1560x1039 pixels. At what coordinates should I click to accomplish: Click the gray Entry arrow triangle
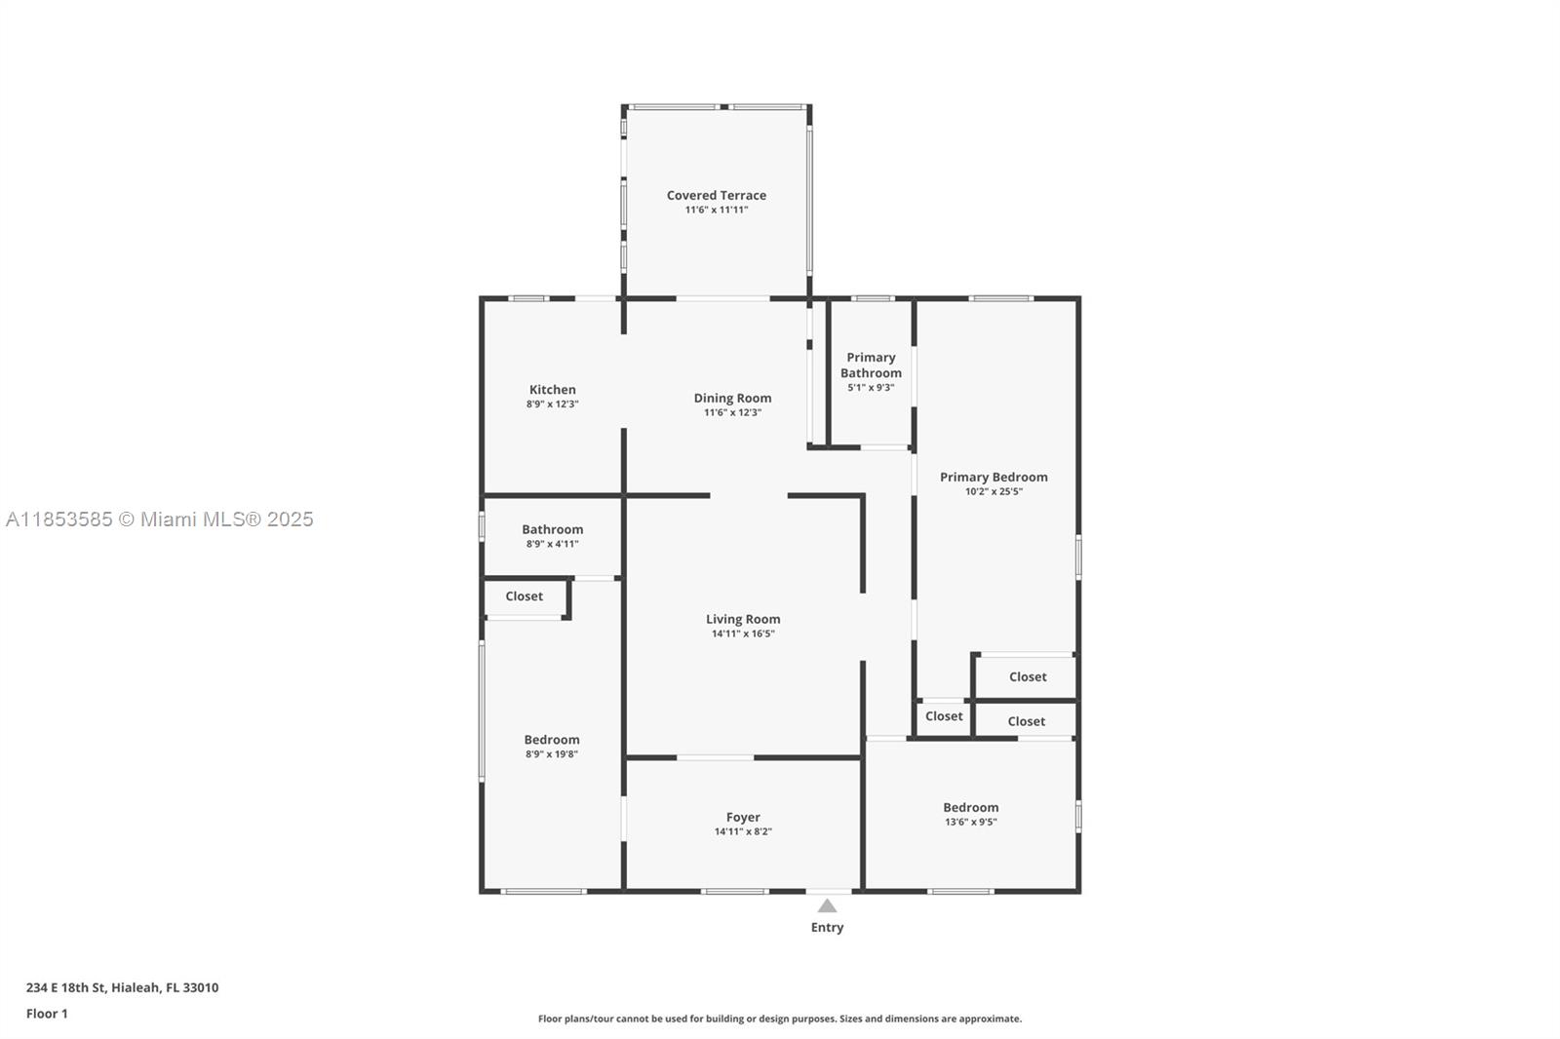tap(827, 905)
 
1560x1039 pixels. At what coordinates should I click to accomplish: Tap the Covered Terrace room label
tap(716, 195)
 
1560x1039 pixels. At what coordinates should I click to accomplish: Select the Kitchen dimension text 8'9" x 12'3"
tap(552, 404)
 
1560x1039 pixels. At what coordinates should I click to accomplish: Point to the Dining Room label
tap(732, 398)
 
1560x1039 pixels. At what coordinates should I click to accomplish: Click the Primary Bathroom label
tap(871, 365)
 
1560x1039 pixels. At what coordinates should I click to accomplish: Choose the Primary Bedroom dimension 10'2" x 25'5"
tap(994, 491)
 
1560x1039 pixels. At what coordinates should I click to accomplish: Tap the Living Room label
tap(743, 619)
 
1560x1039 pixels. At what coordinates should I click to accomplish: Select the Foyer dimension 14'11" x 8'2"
tap(743, 831)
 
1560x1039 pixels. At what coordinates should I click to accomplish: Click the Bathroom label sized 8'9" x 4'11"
tap(552, 529)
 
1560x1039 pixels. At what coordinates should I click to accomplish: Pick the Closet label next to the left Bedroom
tap(524, 596)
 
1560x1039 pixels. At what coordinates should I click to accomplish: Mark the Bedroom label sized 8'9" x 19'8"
tap(552, 740)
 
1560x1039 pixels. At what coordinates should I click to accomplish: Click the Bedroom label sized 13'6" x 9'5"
tap(971, 807)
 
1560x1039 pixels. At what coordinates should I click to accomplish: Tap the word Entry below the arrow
tap(827, 928)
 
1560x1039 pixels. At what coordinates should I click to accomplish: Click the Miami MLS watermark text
tap(160, 519)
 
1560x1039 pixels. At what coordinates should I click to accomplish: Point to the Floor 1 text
tap(48, 1014)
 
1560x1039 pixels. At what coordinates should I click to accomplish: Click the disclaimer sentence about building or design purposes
tap(779, 1019)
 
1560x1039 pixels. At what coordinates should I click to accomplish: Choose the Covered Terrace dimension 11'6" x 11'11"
tap(716, 210)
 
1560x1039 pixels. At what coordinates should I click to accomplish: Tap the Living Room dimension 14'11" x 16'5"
tap(743, 634)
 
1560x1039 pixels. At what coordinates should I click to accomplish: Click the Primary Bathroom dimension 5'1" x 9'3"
tap(871, 388)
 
